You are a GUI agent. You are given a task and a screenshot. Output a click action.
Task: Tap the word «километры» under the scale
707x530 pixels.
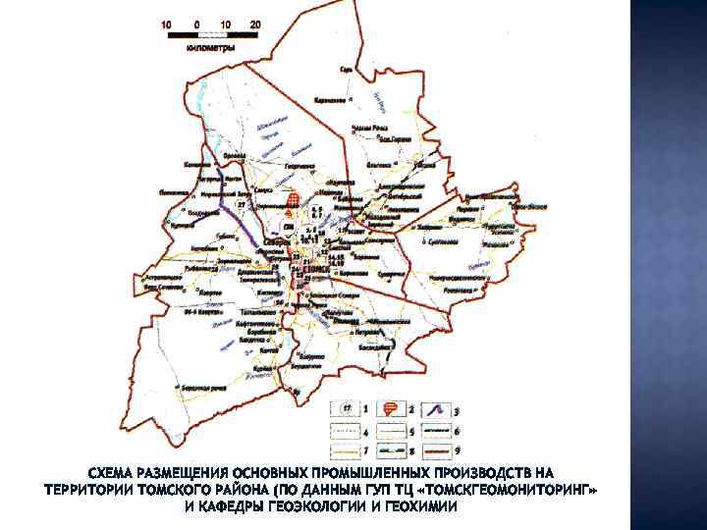(210, 47)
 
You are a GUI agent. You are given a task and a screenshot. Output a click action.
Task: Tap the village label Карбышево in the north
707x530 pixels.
(331, 100)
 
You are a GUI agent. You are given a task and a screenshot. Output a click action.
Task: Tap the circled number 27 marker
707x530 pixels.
(242, 205)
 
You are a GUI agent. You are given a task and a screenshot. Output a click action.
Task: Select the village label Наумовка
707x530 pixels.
(341, 183)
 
